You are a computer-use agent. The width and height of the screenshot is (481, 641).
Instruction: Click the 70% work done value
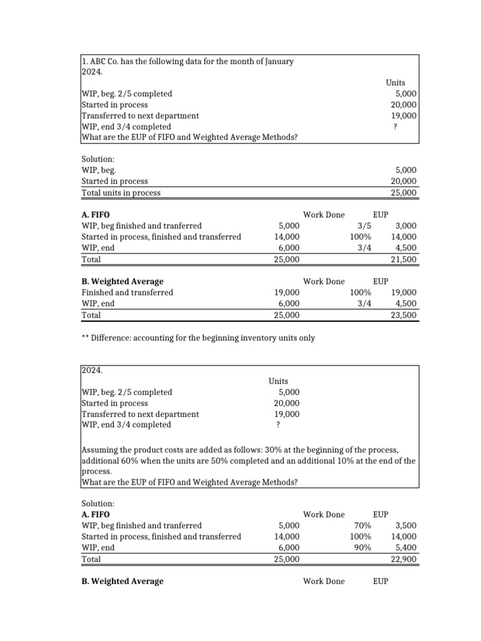point(362,525)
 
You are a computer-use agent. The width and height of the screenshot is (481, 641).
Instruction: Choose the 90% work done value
point(362,548)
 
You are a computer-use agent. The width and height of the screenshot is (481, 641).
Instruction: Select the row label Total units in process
point(121,193)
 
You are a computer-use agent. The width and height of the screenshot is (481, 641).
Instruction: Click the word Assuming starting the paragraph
point(101,450)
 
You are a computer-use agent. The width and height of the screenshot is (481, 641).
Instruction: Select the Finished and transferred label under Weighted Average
point(127,292)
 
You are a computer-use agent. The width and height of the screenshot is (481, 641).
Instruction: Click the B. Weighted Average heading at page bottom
point(122,581)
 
